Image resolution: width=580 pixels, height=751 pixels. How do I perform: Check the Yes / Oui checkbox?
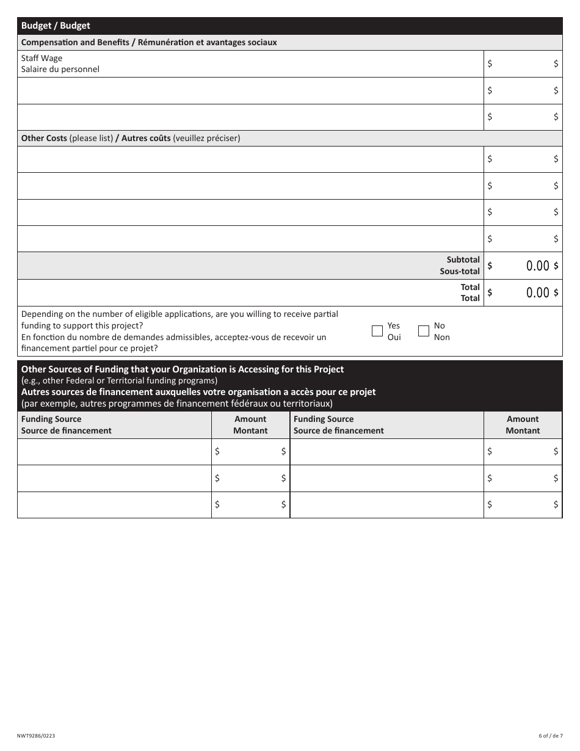[x=377, y=331]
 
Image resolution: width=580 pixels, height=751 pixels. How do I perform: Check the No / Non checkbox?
[x=424, y=331]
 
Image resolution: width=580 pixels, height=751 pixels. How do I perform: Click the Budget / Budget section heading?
[x=56, y=26]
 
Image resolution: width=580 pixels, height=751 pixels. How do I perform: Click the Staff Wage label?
[x=42, y=58]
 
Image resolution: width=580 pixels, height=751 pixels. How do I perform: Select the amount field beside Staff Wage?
[x=523, y=63]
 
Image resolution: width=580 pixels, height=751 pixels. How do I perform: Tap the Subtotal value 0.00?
[x=537, y=266]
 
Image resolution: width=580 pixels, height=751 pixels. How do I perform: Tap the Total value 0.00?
[x=537, y=292]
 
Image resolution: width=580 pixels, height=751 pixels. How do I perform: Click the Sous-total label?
[x=460, y=271]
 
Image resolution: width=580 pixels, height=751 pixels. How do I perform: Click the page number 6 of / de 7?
[x=551, y=736]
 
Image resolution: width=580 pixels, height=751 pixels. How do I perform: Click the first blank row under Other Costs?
[x=250, y=159]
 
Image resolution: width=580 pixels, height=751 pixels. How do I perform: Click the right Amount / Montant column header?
[x=523, y=424]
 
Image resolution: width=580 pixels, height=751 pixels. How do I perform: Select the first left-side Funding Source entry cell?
[x=114, y=452]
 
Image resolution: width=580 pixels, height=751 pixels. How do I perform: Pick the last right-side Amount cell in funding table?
[x=523, y=504]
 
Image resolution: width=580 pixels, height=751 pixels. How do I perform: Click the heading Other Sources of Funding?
[x=183, y=369]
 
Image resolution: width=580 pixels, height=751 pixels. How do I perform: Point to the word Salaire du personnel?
[x=60, y=69]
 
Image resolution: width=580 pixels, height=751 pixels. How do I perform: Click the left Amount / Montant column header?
[x=250, y=424]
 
